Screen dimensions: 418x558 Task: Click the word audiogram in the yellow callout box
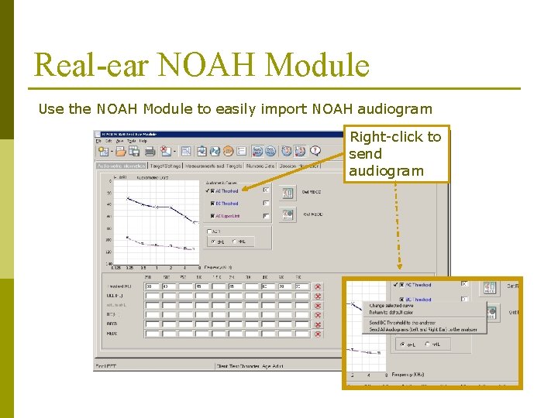[x=386, y=170]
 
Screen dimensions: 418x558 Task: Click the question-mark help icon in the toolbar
[x=315, y=151]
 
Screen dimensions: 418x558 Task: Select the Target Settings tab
[x=165, y=166]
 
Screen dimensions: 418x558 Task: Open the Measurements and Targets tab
[x=213, y=166]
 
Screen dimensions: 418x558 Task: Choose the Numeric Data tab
[x=260, y=166]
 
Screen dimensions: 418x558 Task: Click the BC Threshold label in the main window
[x=227, y=204]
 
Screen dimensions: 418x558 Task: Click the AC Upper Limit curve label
[x=228, y=216]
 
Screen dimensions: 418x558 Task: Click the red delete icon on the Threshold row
[x=318, y=286]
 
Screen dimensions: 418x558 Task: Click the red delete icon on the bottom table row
[x=318, y=334]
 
